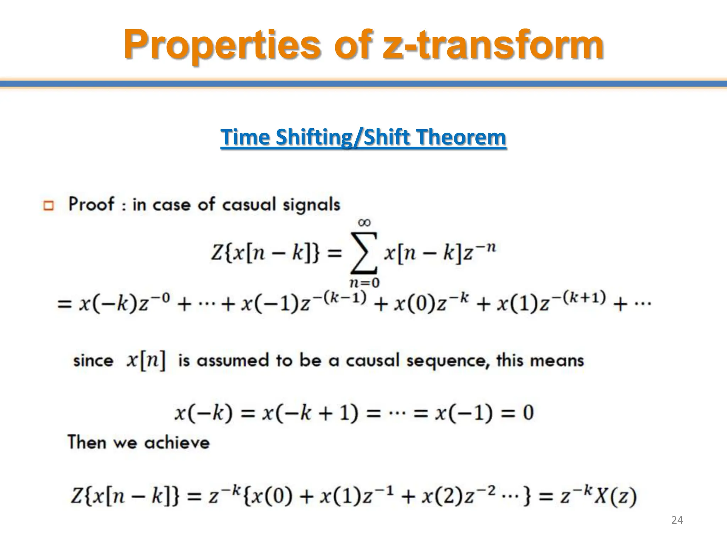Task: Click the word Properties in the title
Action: pos(222,45)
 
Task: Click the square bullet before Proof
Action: pos(48,205)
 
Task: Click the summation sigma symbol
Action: pos(364,253)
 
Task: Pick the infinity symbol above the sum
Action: pos(365,222)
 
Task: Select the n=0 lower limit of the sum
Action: pos(365,283)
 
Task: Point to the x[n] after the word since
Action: pos(146,360)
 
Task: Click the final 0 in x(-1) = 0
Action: pos(528,413)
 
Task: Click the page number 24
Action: pos(677,520)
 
